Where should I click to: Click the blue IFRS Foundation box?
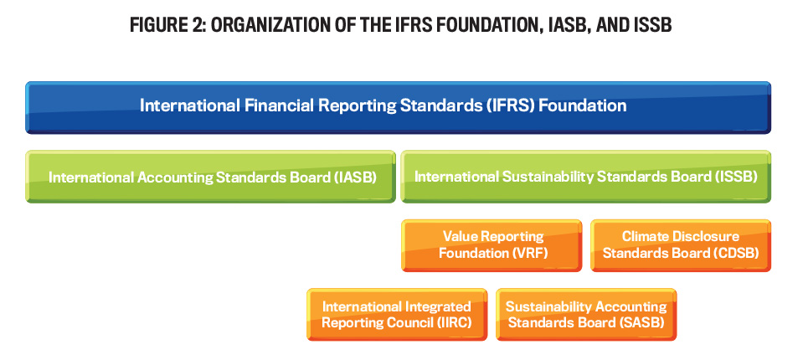point(398,107)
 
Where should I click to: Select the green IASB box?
point(210,177)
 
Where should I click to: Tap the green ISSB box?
point(586,177)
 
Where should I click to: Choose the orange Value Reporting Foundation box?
point(492,245)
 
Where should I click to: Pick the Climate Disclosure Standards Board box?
point(681,245)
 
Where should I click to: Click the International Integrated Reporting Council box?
point(397,315)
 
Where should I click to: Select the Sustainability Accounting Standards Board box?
point(586,315)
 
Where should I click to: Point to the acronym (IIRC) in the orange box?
point(451,323)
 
